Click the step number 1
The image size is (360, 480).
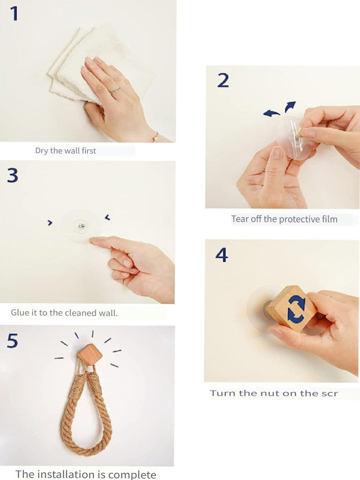[x=14, y=14]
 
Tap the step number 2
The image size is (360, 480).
[x=223, y=80]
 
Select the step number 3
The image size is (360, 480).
[x=12, y=175]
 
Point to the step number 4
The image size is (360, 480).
[x=222, y=255]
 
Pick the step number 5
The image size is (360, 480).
[x=12, y=341]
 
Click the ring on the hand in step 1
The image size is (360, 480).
[x=115, y=90]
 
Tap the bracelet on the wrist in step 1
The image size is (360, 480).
[x=156, y=137]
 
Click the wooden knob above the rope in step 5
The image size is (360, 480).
[x=90, y=355]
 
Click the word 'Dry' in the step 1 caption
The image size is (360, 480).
[x=42, y=151]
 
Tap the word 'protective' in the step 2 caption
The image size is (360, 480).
[x=297, y=219]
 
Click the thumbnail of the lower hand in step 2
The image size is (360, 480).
[x=277, y=152]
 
